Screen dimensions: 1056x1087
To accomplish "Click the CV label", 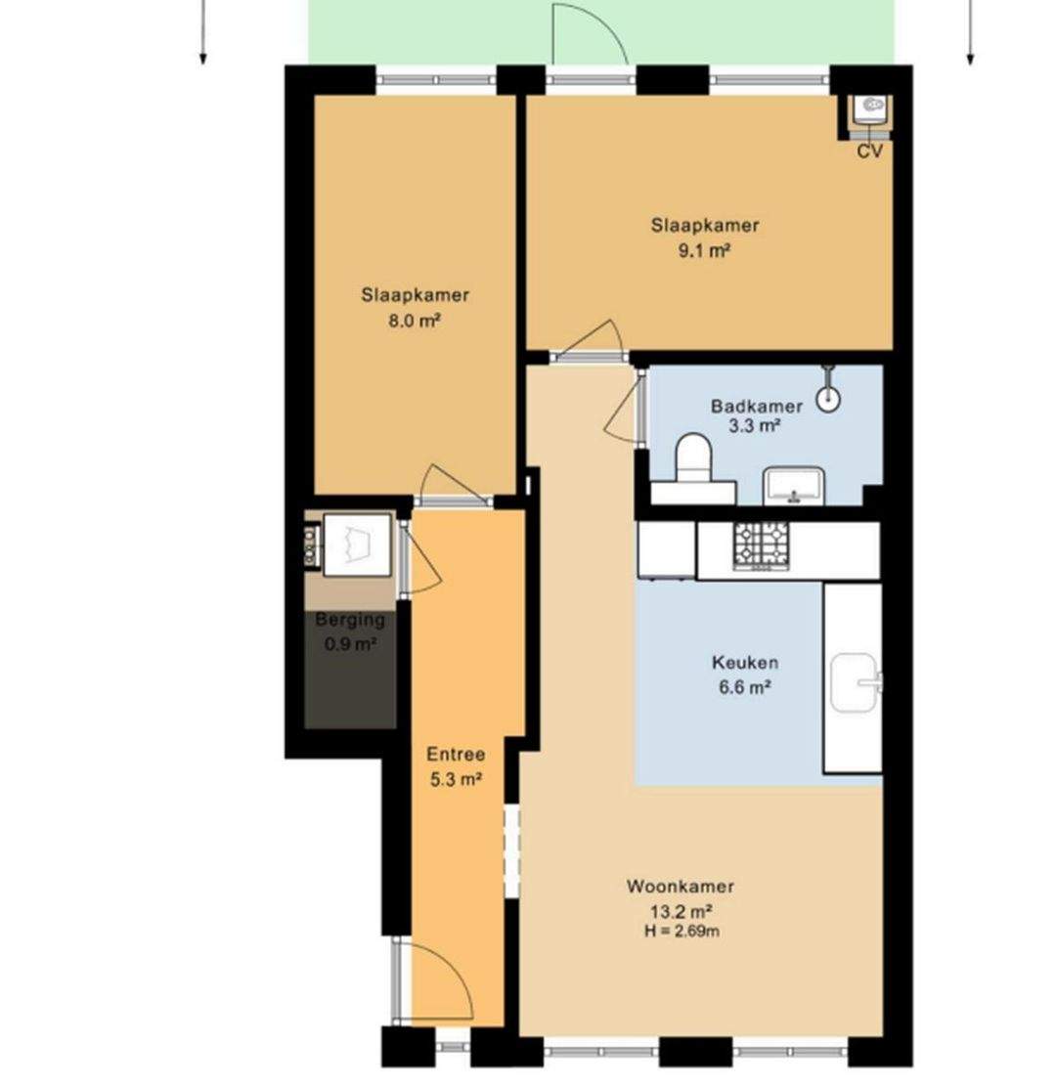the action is [869, 152].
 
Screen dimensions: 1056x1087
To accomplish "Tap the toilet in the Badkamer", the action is [694, 458].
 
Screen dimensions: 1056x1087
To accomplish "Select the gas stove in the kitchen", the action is [762, 546].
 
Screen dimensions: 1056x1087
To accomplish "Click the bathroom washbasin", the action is [793, 485].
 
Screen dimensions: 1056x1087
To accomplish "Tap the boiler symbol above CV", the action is [870, 109].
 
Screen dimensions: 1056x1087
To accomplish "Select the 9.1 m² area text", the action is [704, 250].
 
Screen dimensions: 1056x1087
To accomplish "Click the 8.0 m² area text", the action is [415, 321].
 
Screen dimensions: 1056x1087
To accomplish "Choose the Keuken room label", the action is [745, 663].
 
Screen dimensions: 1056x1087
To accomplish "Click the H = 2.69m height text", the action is [682, 931].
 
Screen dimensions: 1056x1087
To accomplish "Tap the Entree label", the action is [456, 755].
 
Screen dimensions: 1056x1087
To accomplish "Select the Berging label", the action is [350, 619].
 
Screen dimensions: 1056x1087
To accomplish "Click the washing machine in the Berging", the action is [357, 544].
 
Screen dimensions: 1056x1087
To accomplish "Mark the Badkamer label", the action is [757, 407].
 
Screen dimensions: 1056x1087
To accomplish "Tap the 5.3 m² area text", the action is [457, 780].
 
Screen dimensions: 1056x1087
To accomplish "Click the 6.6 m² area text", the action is [745, 688].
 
